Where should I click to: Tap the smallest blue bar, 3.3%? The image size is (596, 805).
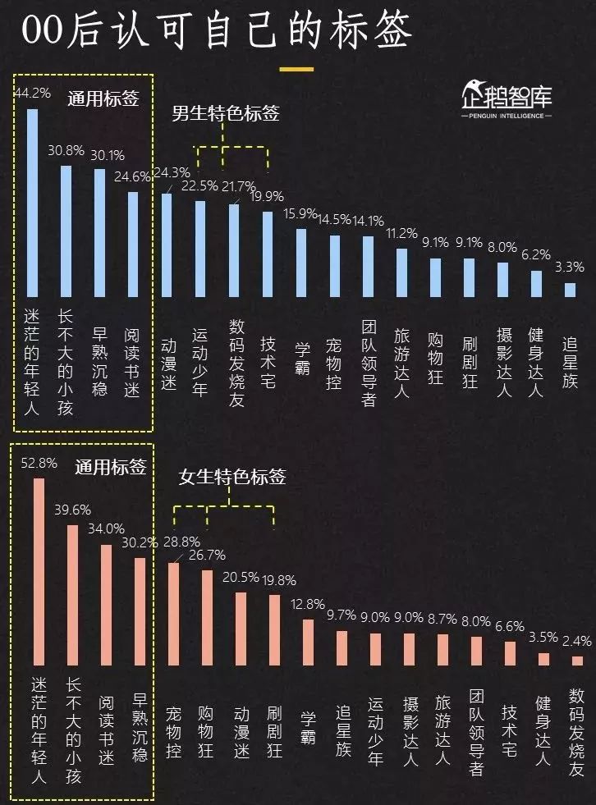569,290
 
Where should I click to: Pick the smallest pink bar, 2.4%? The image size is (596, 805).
577,660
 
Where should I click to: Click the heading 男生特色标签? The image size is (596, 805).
225,113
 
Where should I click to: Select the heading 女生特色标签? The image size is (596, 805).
232,476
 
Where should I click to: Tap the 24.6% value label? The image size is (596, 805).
132,176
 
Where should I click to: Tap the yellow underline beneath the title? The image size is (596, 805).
296,69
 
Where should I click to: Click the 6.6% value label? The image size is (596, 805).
509,626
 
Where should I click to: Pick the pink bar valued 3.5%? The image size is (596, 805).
543,658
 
